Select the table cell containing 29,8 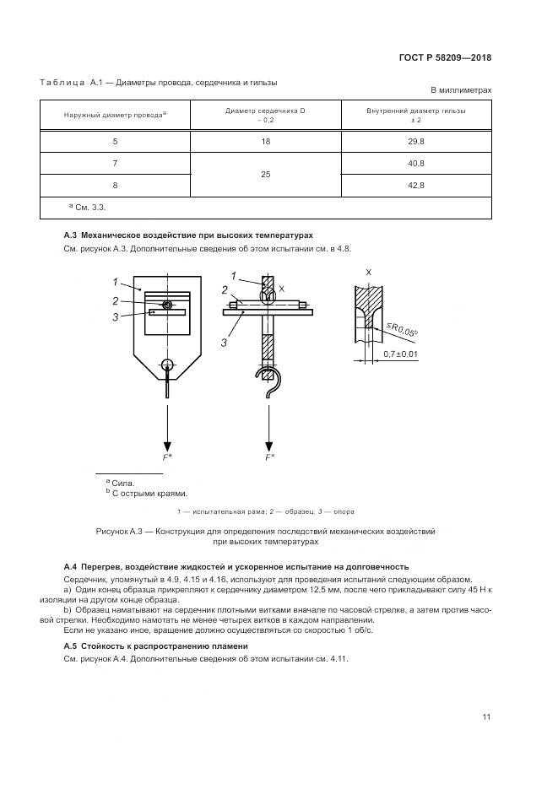415,141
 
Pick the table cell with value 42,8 415,185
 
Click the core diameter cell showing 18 266,141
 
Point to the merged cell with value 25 266,174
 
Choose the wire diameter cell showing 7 116,163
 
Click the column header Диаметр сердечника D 266,111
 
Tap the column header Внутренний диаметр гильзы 415,111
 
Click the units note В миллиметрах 461,89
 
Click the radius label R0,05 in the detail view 404,332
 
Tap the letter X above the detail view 368,273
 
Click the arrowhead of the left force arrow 168,445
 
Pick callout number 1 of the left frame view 113,281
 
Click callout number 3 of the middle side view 225,343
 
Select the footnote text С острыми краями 149,494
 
